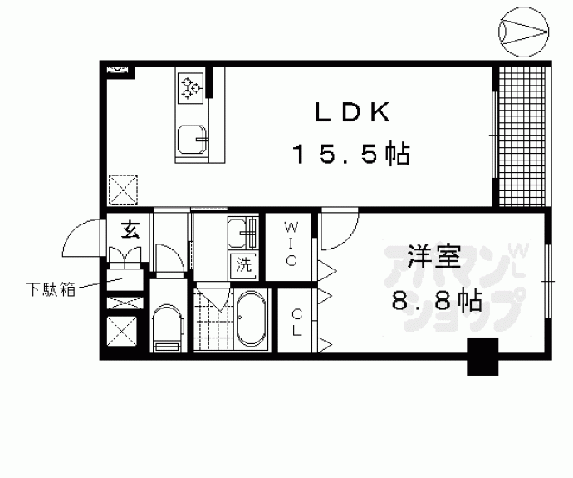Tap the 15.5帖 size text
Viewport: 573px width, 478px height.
coord(350,155)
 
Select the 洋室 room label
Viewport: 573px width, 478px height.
coord(433,256)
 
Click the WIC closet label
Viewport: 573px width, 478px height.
coord(291,242)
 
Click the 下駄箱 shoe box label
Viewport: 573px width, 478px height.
coord(49,290)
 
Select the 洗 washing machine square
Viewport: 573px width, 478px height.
coord(244,267)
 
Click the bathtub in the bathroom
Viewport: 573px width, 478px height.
coord(250,321)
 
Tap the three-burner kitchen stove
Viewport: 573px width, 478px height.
coord(191,85)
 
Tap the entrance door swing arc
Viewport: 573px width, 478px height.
coord(83,241)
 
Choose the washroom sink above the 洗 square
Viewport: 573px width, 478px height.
coord(242,233)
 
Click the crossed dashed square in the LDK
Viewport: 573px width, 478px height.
coord(126,189)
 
